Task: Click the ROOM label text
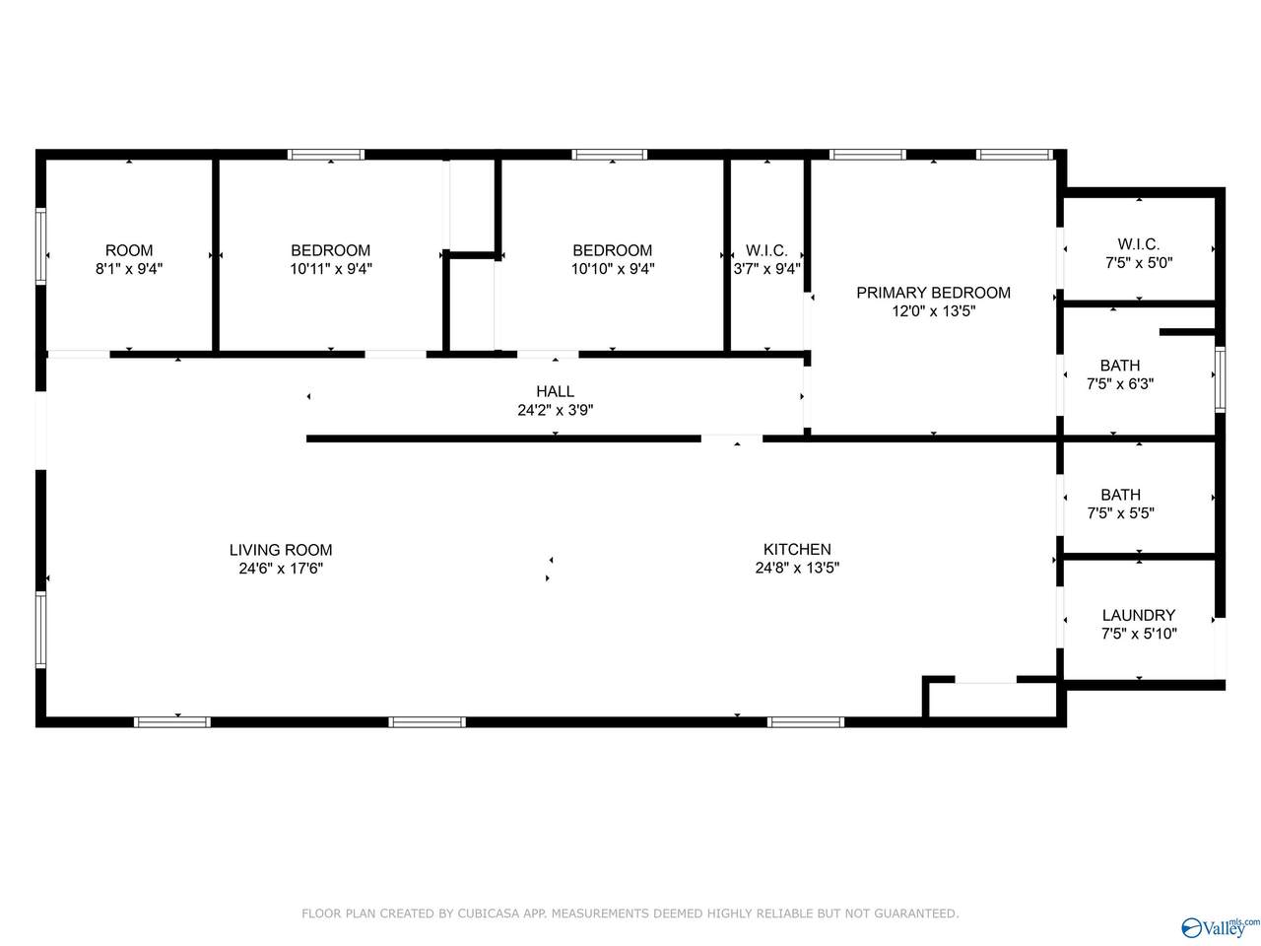click(129, 250)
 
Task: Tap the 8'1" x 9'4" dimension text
click(129, 269)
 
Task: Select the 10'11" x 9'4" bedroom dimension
click(330, 269)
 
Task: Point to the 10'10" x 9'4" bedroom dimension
click(613, 269)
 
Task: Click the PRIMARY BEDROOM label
click(934, 293)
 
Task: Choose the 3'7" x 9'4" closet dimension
click(766, 269)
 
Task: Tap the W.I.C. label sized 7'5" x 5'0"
click(1139, 244)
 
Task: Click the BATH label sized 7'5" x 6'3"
click(1120, 366)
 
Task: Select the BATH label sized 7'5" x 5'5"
click(1121, 495)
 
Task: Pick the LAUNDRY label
click(1139, 615)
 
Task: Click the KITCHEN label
click(797, 549)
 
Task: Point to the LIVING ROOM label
click(281, 550)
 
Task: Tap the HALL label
click(555, 391)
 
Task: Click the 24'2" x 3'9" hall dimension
click(555, 410)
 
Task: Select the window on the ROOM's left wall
click(40, 245)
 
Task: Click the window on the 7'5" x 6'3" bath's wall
click(1220, 379)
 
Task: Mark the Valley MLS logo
click(1220, 927)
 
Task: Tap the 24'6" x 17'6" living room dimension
click(281, 569)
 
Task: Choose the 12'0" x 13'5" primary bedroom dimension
click(934, 311)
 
